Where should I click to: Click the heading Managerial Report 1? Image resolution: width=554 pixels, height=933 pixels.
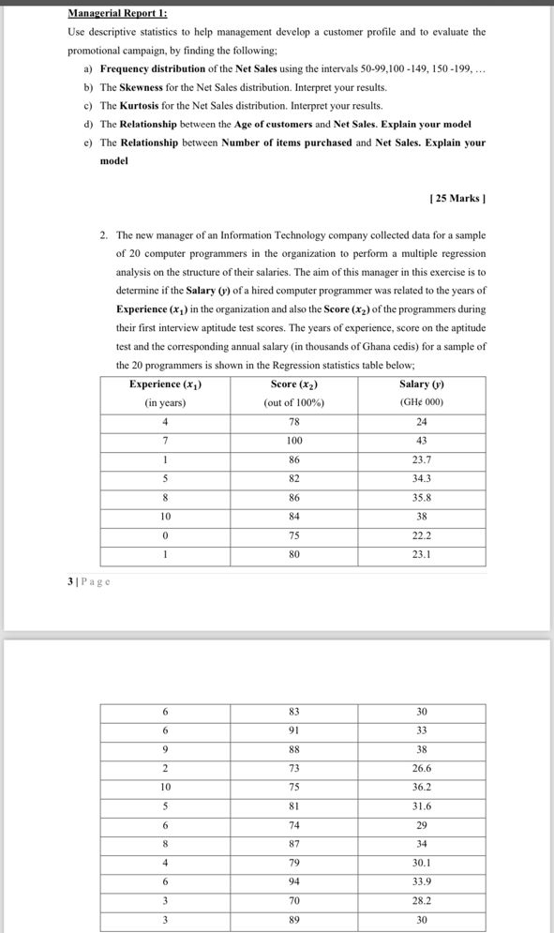click(x=117, y=14)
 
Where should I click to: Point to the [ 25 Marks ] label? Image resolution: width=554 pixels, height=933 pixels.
click(x=457, y=198)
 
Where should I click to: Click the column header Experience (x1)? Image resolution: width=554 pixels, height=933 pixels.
click(x=165, y=384)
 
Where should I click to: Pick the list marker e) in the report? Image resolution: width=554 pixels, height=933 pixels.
click(x=87, y=143)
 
